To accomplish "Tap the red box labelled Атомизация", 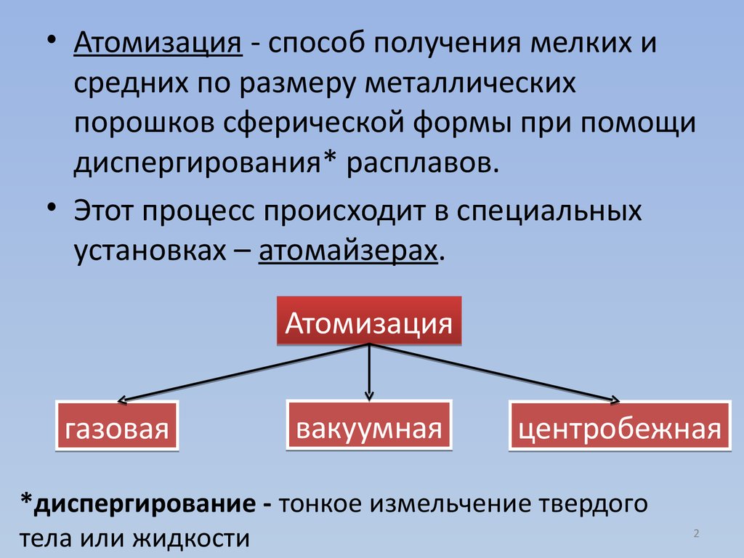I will pos(369,322).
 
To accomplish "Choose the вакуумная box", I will pos(369,426).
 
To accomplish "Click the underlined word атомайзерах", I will pos(349,250).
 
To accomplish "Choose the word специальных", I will pos(549,212).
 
